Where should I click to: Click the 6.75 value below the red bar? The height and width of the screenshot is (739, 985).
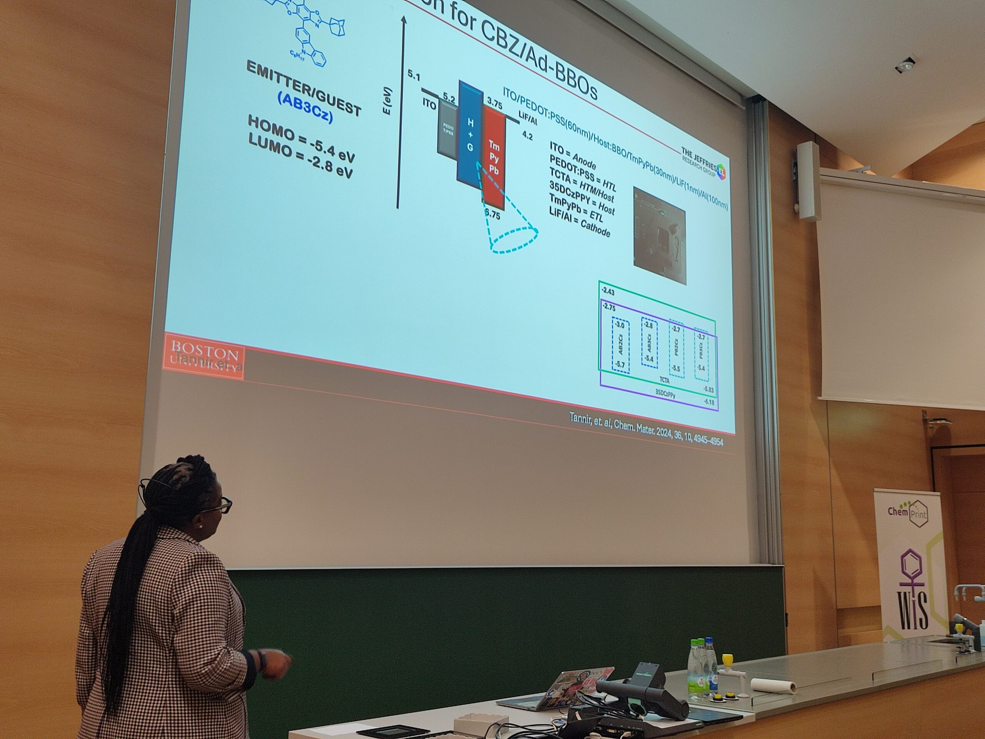pyautogui.click(x=492, y=215)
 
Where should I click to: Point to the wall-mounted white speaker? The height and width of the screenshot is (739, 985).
pyautogui.click(x=809, y=180)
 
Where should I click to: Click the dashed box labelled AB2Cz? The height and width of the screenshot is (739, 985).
pyautogui.click(x=621, y=346)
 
